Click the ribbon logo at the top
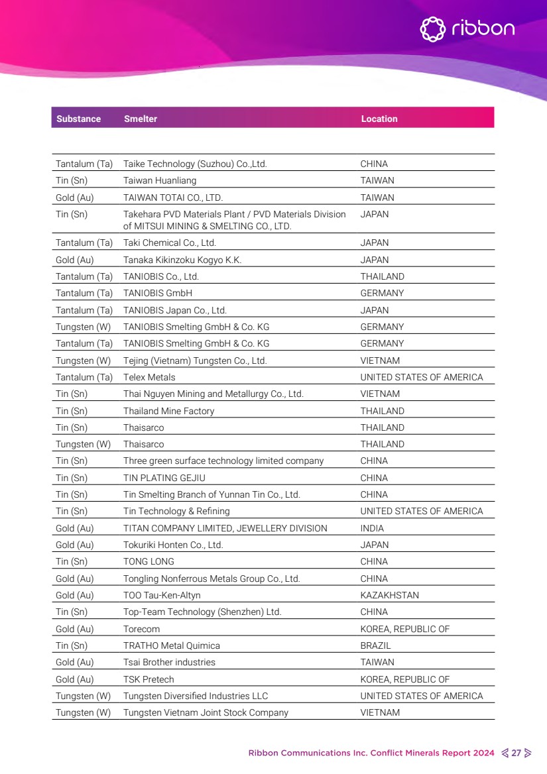467,28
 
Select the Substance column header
78,119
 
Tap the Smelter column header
141,119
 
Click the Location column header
379,119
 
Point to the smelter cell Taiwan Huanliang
160,180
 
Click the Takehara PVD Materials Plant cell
234,220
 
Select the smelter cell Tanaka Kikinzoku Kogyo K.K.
182,260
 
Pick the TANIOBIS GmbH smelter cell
158,293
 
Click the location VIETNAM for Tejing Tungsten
380,360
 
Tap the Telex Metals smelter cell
149,377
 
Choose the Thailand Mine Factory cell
169,411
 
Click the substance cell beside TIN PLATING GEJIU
72,478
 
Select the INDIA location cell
372,528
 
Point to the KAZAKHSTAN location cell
389,595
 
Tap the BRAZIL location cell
375,645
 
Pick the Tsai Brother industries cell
169,662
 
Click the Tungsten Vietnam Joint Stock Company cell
206,712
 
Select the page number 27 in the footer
517,753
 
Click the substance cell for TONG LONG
72,561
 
